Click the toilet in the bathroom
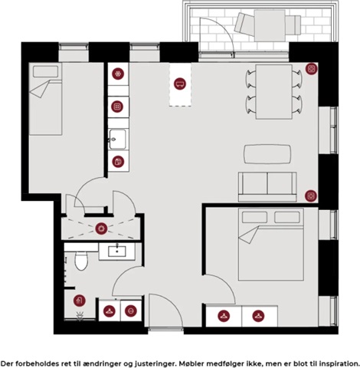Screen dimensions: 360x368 click(81, 261)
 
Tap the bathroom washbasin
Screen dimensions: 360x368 click(117, 251)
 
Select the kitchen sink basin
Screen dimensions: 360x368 click(117, 140)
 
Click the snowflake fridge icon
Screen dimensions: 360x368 click(118, 74)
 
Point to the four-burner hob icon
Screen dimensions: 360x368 click(117, 107)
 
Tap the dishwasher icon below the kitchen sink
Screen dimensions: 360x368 click(118, 162)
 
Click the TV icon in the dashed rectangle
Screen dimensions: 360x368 click(180, 84)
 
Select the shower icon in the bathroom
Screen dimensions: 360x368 click(80, 301)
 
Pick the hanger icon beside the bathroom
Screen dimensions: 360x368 click(110, 311)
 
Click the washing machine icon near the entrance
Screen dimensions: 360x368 click(131, 310)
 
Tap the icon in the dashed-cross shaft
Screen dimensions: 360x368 click(101, 228)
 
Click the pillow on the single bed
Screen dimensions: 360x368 click(46, 71)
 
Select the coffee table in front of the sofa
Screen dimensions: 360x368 click(267, 154)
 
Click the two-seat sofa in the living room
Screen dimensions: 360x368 click(267, 187)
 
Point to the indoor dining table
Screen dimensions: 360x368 click(274, 92)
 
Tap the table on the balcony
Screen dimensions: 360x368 click(270, 25)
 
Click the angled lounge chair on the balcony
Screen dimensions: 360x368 click(244, 24)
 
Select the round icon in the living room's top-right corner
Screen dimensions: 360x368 click(312, 68)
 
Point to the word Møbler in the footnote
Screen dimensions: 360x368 click(191, 363)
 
